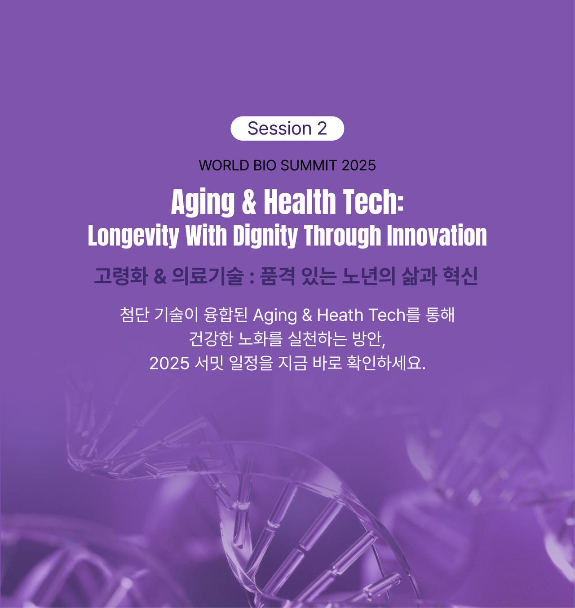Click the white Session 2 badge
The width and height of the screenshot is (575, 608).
[287, 129]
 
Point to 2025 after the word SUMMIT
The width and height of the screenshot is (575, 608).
[358, 165]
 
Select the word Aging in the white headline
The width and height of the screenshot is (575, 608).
[203, 202]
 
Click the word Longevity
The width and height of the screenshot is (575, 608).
[133, 236]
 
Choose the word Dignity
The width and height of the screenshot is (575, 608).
[265, 236]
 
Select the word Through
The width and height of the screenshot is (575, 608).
[342, 236]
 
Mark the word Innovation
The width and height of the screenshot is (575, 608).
[437, 235]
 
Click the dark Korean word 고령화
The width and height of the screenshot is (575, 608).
[121, 276]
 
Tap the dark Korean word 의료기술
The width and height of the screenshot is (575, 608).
[208, 276]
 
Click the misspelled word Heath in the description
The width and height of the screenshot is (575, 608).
[340, 315]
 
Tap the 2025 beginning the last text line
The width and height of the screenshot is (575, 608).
[169, 364]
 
